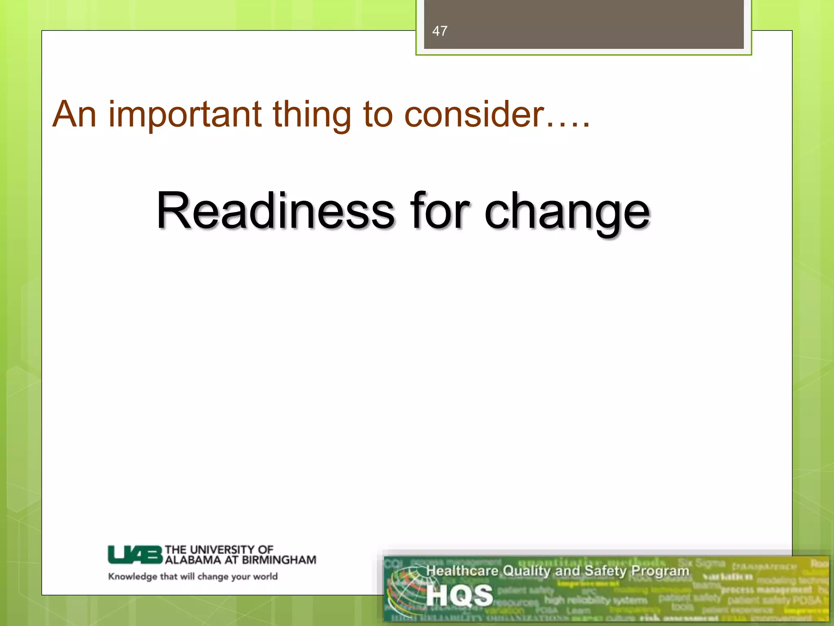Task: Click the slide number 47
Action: tap(439, 31)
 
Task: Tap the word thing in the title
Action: tap(312, 115)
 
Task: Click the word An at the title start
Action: tap(75, 115)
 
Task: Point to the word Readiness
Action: tap(275, 211)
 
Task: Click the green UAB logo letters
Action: tap(135, 555)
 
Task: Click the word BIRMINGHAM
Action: tap(279, 560)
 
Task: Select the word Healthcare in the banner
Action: tap(462, 571)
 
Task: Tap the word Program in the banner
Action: tap(660, 571)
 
